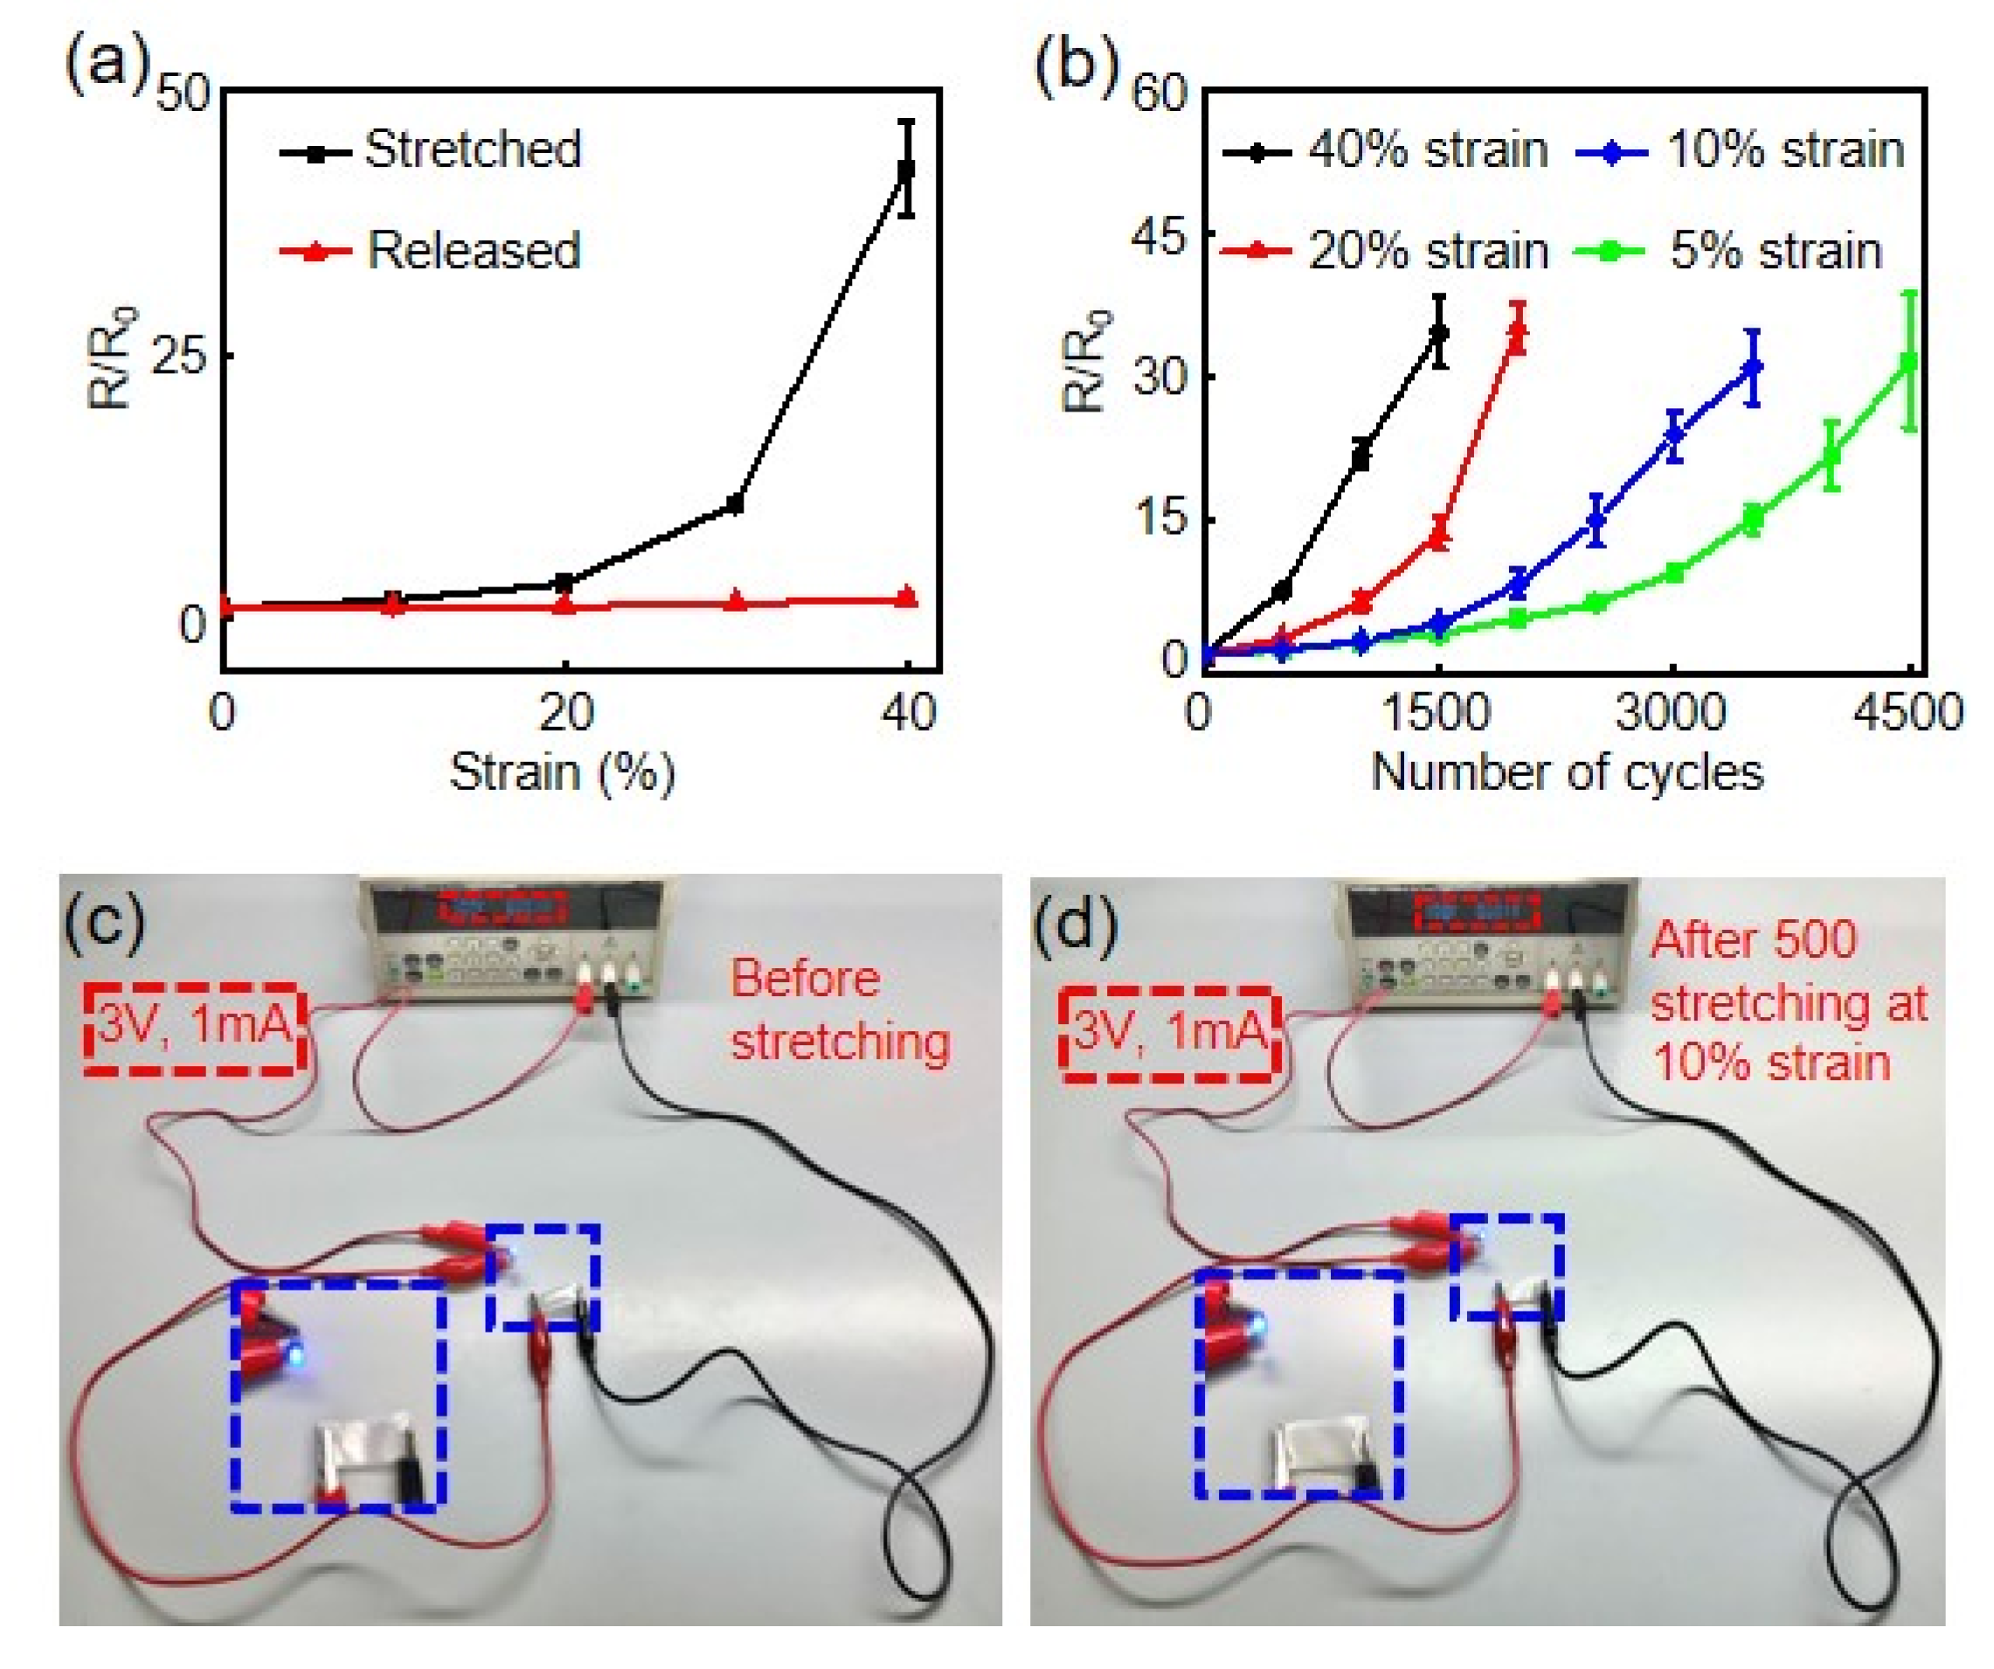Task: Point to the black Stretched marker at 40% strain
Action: coord(907,170)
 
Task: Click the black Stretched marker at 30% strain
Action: coord(734,504)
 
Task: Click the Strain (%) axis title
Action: coord(562,772)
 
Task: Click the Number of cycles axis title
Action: coord(1567,772)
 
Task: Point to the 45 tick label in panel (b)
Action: coord(1160,235)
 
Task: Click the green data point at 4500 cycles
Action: coord(1909,362)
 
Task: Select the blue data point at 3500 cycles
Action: coord(1753,367)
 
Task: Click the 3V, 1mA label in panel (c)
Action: coord(195,1028)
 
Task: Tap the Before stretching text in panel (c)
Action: coord(840,1010)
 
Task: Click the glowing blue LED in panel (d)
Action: coord(1256,1326)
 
